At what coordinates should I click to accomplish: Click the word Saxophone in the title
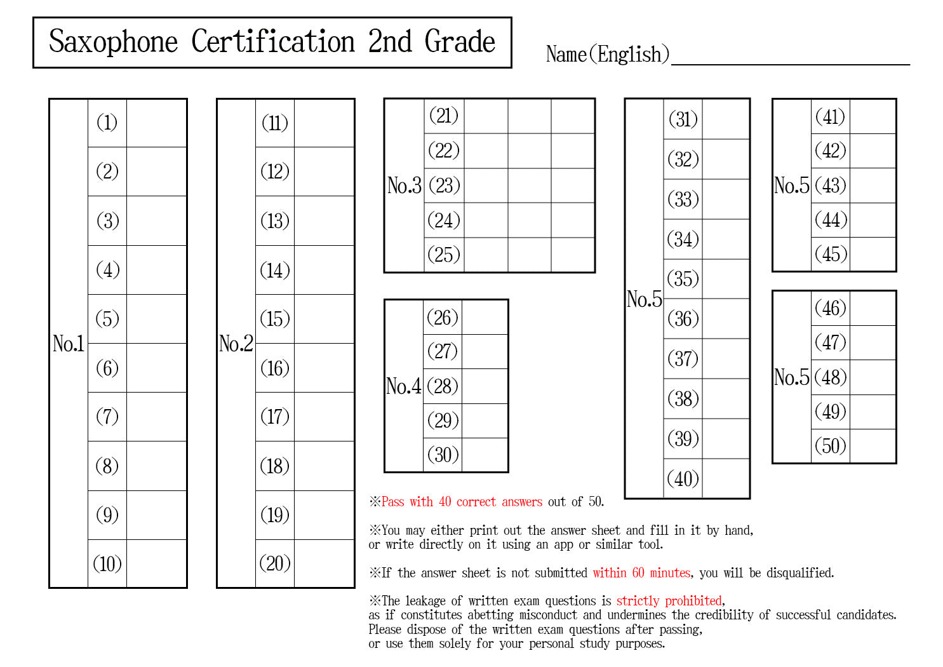(x=113, y=42)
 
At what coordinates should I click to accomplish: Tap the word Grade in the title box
(x=460, y=42)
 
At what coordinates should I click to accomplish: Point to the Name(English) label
(x=607, y=54)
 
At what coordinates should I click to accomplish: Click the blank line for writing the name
(x=790, y=56)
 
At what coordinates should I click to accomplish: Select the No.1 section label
(x=69, y=344)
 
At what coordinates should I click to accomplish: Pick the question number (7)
(x=107, y=417)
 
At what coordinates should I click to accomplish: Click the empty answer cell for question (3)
(x=156, y=220)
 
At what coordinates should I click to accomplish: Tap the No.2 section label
(x=236, y=344)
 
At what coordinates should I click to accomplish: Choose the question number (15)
(x=275, y=319)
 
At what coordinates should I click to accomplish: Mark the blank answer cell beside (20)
(x=324, y=563)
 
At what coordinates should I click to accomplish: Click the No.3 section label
(x=405, y=185)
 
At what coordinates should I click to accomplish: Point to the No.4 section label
(x=404, y=386)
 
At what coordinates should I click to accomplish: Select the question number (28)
(x=443, y=386)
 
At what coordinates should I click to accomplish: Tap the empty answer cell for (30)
(x=485, y=455)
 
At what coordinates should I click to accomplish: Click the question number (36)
(x=683, y=318)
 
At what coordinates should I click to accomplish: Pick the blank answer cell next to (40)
(x=726, y=478)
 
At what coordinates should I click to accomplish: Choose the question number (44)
(x=831, y=220)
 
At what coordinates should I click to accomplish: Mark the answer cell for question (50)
(x=873, y=446)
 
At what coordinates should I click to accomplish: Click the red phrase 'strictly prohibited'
(x=669, y=601)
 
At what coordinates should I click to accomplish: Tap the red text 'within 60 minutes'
(x=641, y=573)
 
